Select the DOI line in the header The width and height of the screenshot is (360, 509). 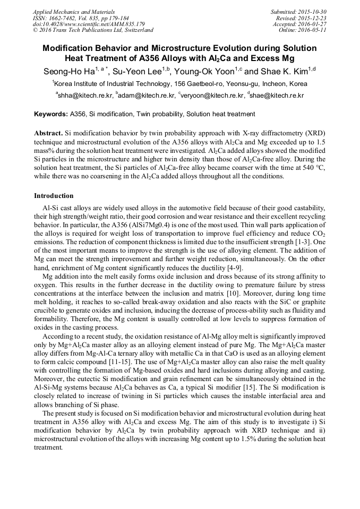tap(89, 24)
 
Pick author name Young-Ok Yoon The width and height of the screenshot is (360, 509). tap(204, 71)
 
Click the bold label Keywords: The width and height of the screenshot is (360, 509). tap(51, 114)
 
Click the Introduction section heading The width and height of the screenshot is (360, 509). tap(54, 196)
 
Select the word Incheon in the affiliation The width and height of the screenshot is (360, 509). tap(261, 84)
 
